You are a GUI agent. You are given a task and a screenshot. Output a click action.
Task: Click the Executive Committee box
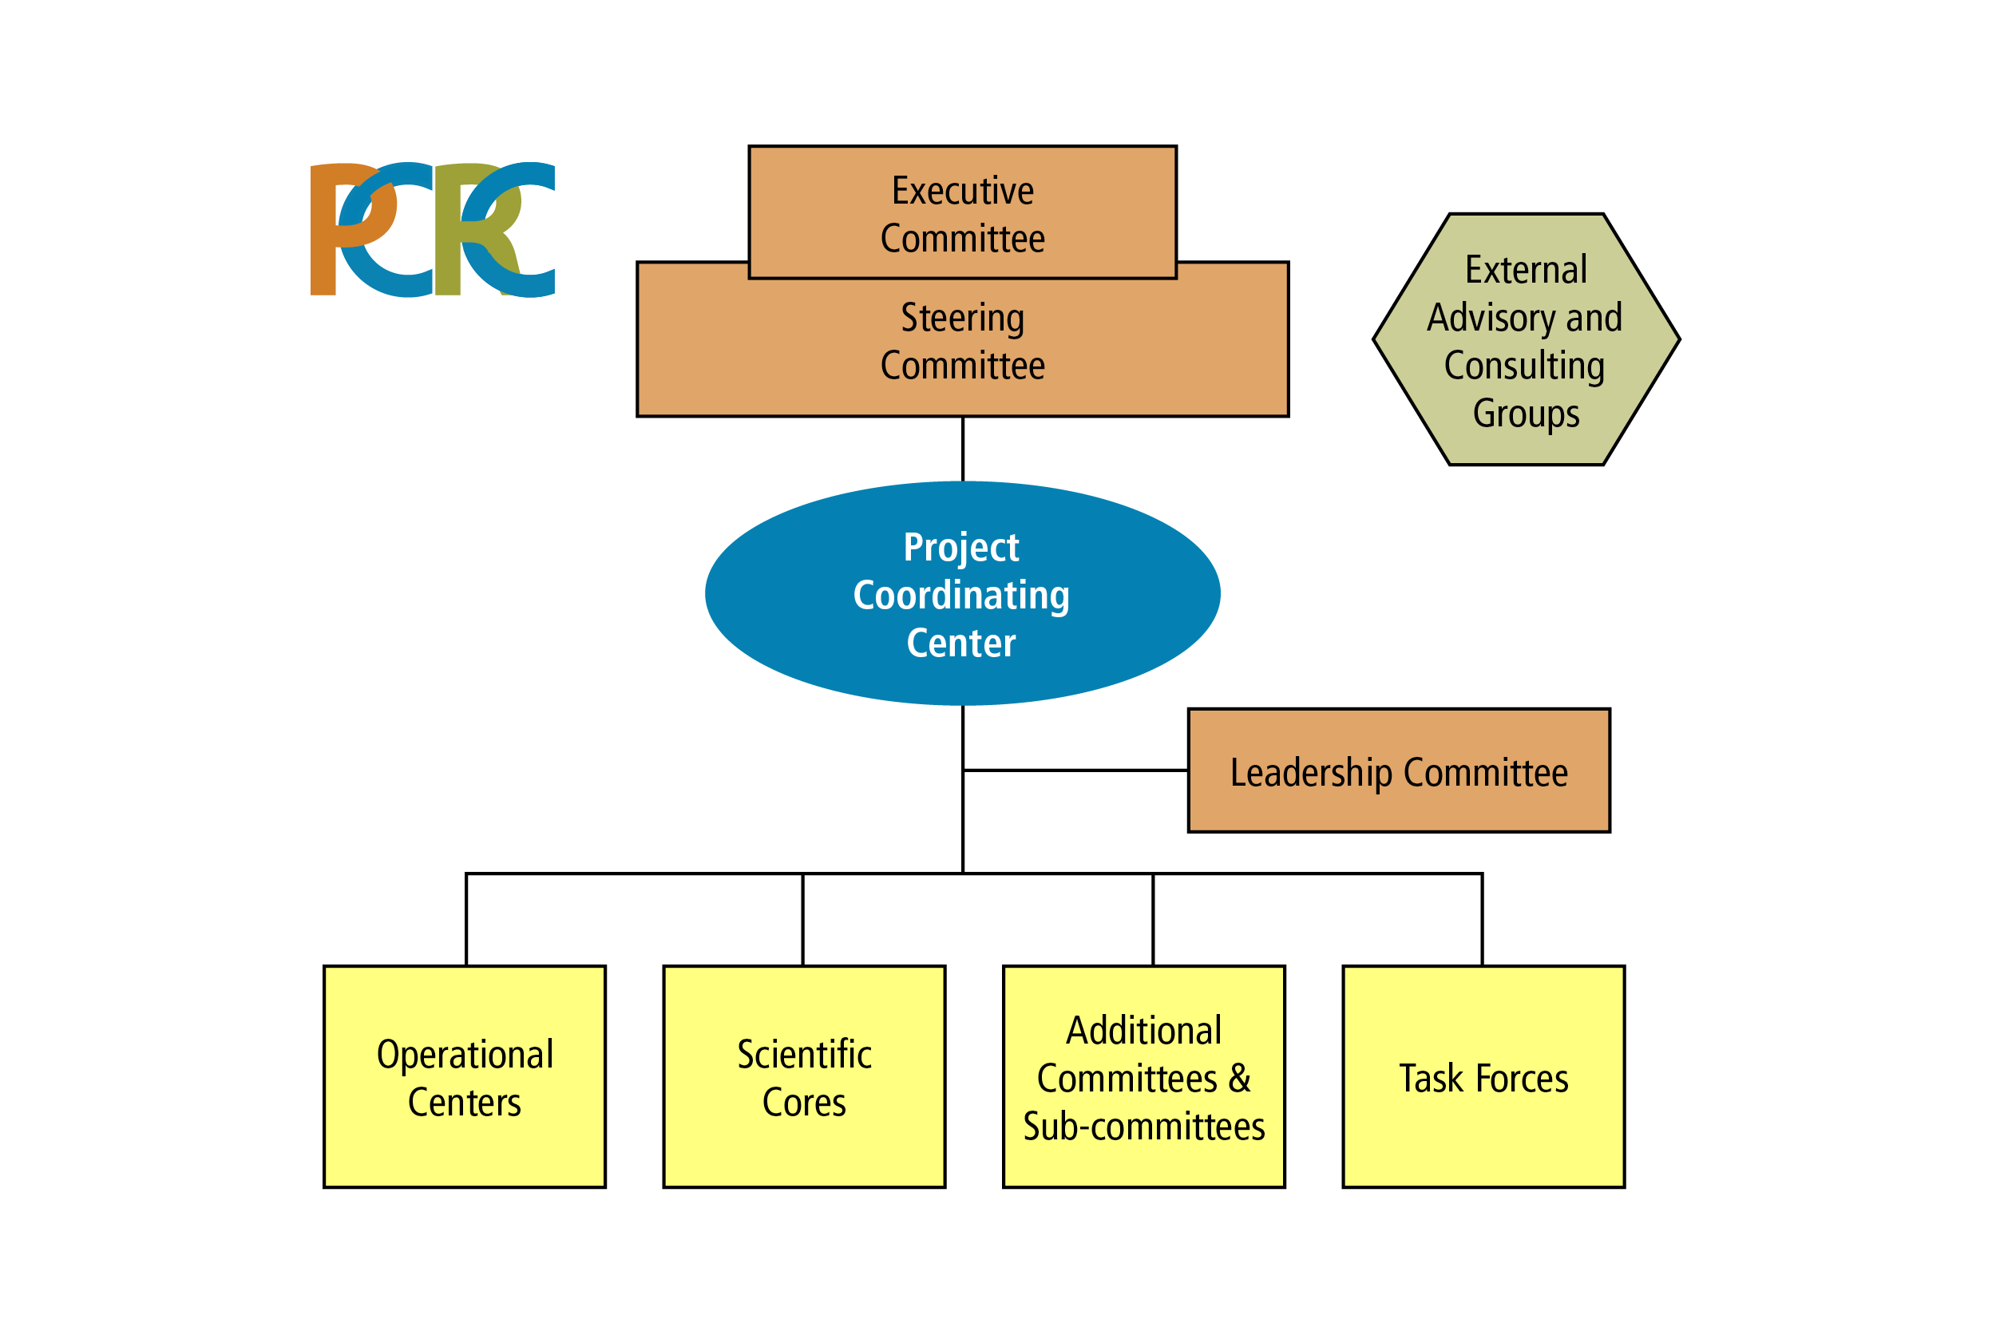click(x=962, y=212)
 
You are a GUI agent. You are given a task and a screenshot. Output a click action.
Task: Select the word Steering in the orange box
click(x=962, y=319)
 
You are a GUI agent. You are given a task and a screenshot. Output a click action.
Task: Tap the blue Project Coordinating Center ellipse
click(x=962, y=593)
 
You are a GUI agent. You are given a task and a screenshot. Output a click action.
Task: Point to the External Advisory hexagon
click(x=1526, y=339)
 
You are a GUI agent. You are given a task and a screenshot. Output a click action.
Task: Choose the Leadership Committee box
click(x=1399, y=770)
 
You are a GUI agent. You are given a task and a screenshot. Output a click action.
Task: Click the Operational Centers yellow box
click(x=464, y=1076)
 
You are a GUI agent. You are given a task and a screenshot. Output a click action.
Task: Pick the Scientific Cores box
click(x=804, y=1076)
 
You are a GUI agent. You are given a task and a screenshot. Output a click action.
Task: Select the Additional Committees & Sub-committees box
click(x=1144, y=1076)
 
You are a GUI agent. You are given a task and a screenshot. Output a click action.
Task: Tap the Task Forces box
click(x=1483, y=1076)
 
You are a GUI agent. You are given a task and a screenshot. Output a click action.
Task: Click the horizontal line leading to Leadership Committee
click(x=1075, y=770)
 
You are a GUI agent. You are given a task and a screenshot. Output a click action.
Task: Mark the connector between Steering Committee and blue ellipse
click(x=962, y=449)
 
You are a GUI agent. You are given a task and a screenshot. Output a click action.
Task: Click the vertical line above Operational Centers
click(x=466, y=919)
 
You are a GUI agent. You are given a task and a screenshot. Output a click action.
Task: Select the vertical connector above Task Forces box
click(x=1483, y=919)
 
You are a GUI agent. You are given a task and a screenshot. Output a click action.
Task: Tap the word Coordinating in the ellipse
click(x=961, y=596)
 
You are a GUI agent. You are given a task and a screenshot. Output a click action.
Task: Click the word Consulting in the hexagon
click(x=1524, y=366)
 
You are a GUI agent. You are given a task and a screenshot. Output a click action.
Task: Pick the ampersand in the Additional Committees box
click(x=1240, y=1078)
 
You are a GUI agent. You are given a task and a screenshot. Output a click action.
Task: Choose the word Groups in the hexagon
click(x=1526, y=414)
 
